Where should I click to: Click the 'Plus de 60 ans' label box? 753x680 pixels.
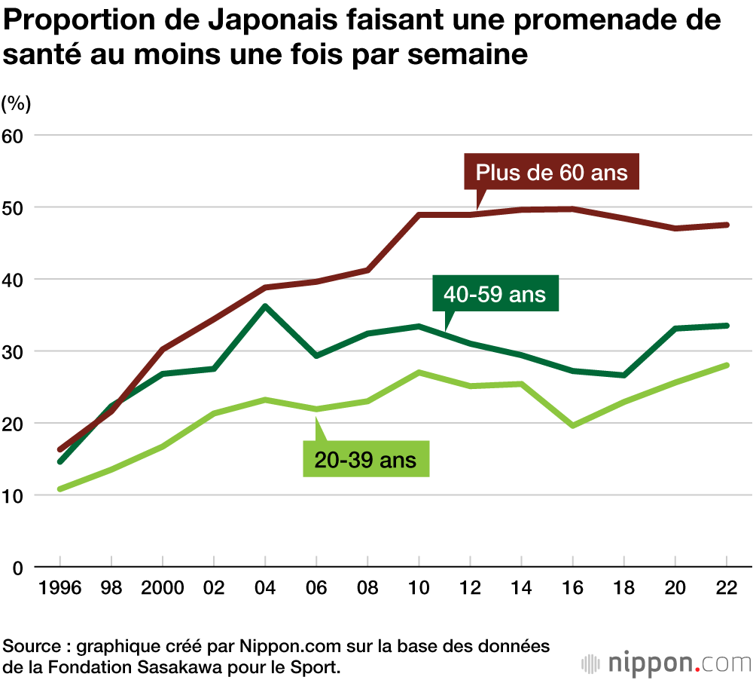pyautogui.click(x=551, y=172)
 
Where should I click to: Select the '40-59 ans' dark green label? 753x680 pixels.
pyautogui.click(x=495, y=293)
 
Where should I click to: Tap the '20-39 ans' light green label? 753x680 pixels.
pyautogui.click(x=367, y=459)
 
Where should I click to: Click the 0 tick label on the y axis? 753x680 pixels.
pyautogui.click(x=18, y=568)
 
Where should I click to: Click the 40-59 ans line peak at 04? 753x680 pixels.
pyautogui.click(x=265, y=306)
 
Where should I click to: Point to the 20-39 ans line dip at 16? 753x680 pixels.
pyautogui.click(x=572, y=426)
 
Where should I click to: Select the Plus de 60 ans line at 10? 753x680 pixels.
pyautogui.click(x=419, y=215)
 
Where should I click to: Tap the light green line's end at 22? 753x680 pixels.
pyautogui.click(x=726, y=365)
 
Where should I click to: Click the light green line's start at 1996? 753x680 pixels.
pyautogui.click(x=60, y=489)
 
